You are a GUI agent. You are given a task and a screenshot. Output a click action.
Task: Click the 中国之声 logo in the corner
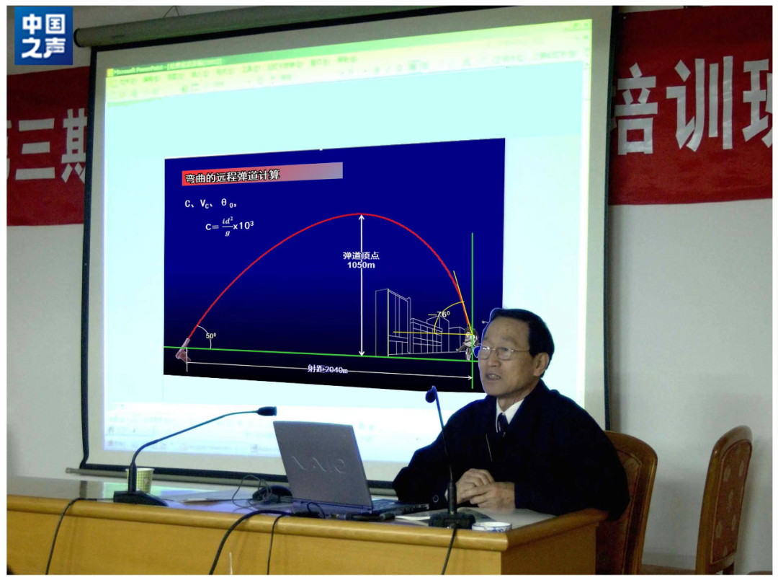tap(44, 36)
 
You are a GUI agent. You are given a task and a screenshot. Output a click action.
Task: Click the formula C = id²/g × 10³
tap(229, 226)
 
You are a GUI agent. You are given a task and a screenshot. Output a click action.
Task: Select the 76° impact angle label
tap(442, 314)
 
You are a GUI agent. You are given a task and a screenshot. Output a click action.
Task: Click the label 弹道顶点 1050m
tap(360, 260)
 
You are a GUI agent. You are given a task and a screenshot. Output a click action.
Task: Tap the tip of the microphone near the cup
tap(267, 411)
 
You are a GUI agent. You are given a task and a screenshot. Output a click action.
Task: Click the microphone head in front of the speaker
tap(432, 395)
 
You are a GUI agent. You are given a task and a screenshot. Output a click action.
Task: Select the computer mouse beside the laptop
tap(272, 493)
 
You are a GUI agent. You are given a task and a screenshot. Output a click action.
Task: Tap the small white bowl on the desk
tap(491, 527)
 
